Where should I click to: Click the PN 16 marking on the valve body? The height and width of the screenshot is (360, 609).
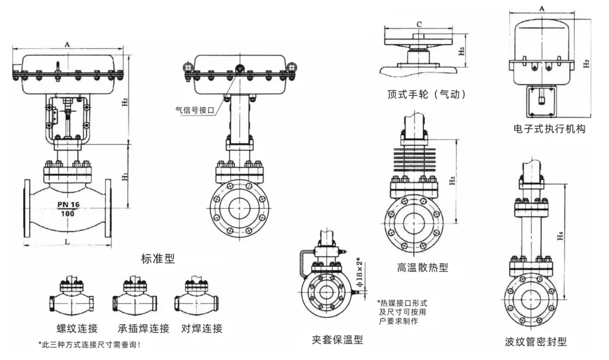68,204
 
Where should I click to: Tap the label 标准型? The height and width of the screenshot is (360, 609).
158,259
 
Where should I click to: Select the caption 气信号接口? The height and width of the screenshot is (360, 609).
195,110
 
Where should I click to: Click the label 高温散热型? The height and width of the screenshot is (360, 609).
423,267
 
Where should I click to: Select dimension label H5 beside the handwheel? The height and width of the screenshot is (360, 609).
462,51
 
